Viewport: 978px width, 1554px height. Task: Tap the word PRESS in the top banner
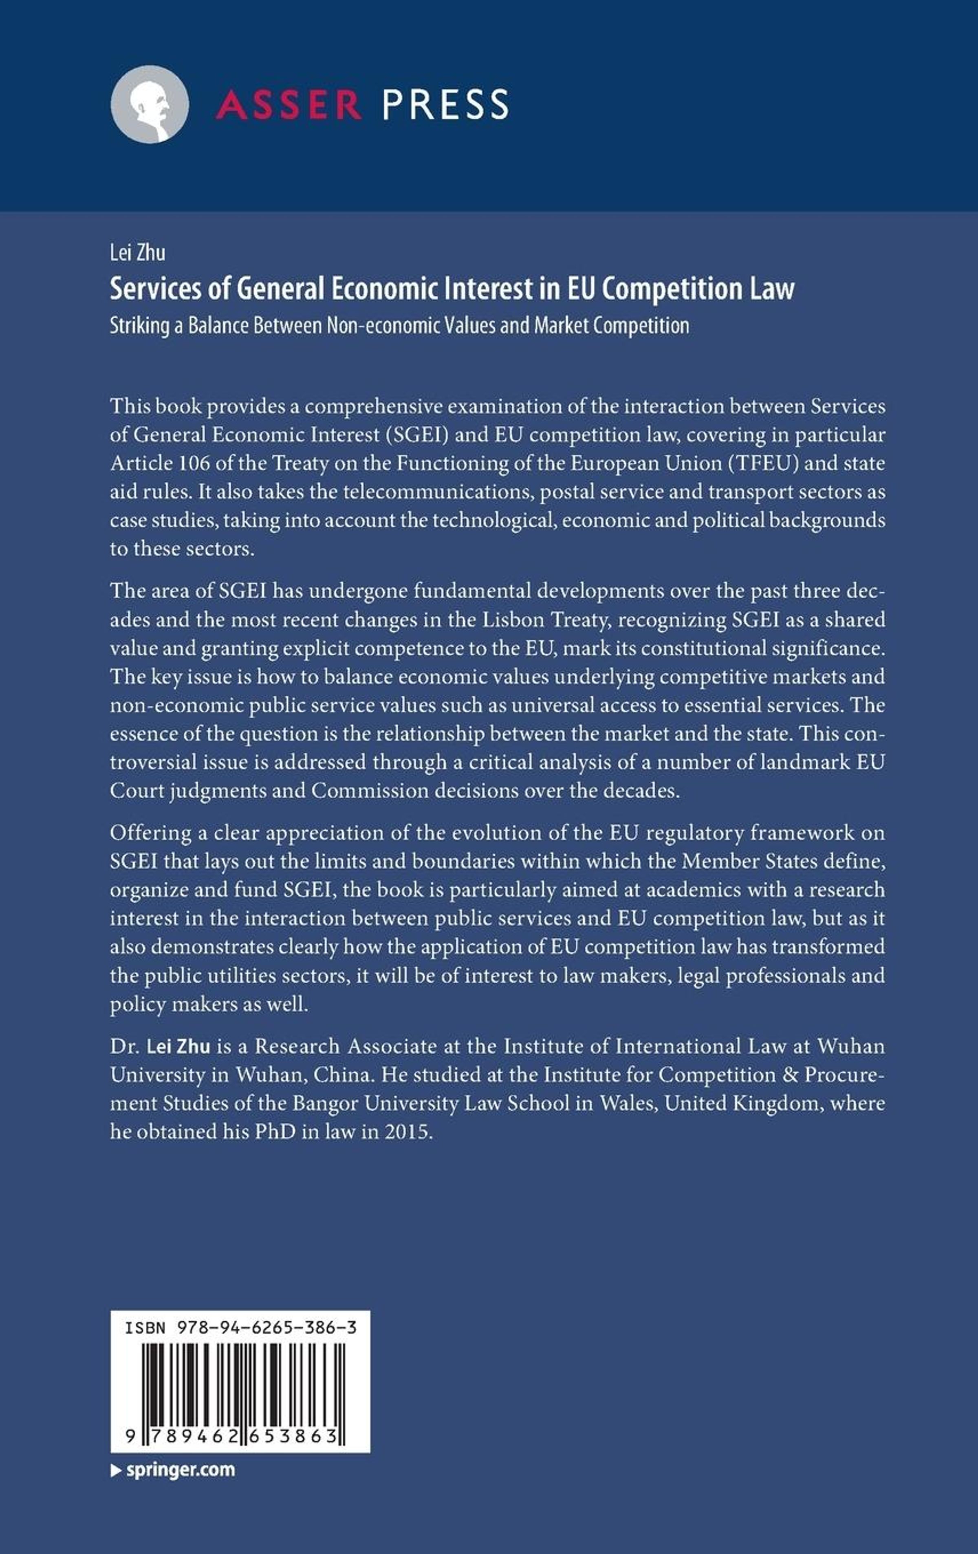point(445,105)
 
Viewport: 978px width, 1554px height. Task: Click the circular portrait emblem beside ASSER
point(150,105)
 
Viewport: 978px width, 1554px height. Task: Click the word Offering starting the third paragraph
point(150,833)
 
